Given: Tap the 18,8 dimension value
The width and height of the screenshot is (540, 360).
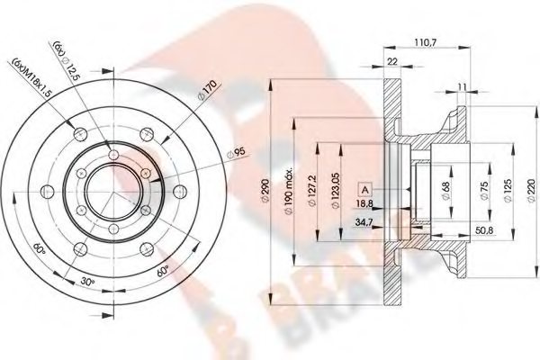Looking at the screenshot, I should coord(367,204).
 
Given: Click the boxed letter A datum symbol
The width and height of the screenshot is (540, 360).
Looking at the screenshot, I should coord(366,189).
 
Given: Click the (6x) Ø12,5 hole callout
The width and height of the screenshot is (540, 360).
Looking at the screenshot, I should coord(64,58).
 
